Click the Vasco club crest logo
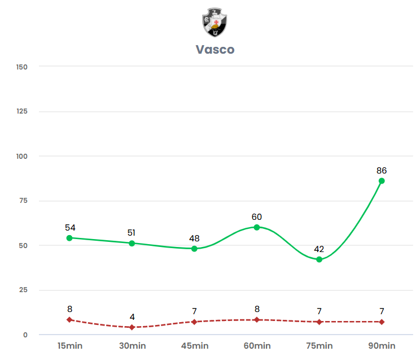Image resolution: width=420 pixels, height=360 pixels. tap(215, 23)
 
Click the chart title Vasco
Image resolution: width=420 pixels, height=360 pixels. tap(215, 50)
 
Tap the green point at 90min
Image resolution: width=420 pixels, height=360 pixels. tap(382, 181)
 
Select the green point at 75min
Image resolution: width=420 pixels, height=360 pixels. tap(320, 259)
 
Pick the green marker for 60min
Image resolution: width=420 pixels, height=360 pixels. tap(257, 227)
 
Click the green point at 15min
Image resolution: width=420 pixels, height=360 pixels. tap(69, 238)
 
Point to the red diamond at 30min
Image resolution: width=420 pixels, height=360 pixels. tap(132, 327)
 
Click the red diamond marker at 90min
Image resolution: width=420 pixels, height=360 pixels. tap(382, 322)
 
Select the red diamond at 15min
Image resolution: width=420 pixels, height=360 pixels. tap(69, 320)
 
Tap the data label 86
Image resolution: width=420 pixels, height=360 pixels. tap(382, 171)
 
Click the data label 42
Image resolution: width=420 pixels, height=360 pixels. tap(320, 249)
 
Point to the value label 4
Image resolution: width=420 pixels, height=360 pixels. tap(132, 317)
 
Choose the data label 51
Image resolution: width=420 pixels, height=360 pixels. tap(132, 233)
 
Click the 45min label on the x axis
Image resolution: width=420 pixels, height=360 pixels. tap(194, 346)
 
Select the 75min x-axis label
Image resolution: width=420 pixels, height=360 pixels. tap(320, 346)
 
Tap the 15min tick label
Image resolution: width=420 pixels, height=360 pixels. tap(69, 346)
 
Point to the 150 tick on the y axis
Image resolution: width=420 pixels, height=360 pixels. tap(22, 67)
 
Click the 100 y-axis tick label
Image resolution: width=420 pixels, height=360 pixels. tap(22, 156)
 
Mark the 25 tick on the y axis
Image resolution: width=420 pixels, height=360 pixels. tap(23, 290)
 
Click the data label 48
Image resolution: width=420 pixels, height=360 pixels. tap(194, 238)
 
